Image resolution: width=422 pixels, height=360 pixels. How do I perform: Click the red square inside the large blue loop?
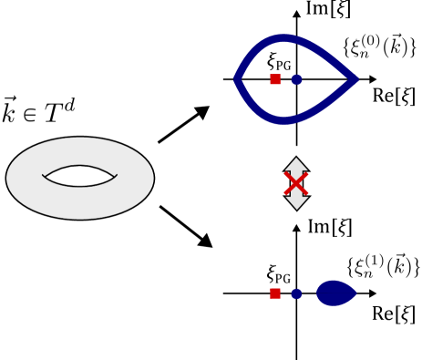click(x=275, y=79)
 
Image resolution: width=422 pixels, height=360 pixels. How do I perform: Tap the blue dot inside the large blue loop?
click(x=296, y=79)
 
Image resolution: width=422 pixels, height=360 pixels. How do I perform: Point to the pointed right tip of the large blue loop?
click(x=355, y=79)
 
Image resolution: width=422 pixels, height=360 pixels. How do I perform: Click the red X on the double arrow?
click(x=296, y=183)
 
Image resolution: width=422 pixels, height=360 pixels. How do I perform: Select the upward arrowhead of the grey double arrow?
click(x=296, y=164)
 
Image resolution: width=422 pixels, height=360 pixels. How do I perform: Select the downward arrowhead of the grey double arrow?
click(x=296, y=202)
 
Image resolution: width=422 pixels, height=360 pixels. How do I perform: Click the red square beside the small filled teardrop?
click(x=275, y=293)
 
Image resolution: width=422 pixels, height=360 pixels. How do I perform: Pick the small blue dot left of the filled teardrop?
click(x=296, y=293)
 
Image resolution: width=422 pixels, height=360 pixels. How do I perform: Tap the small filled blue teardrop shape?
click(x=335, y=293)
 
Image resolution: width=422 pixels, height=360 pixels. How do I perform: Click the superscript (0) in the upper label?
click(x=370, y=40)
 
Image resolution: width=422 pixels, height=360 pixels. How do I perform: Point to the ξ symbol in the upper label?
click(x=357, y=47)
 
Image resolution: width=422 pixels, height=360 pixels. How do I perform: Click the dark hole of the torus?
click(x=79, y=176)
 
